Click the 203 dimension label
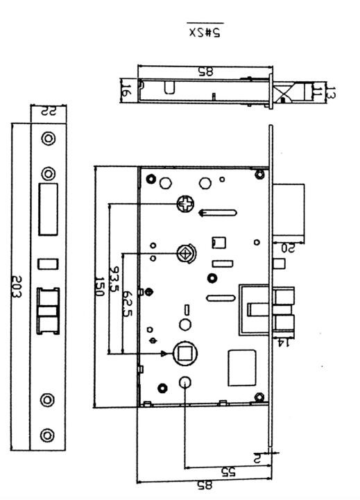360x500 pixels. click(x=16, y=286)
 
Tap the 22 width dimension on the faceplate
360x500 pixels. click(x=49, y=111)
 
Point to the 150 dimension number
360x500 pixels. click(x=99, y=286)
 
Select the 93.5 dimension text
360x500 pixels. click(x=114, y=279)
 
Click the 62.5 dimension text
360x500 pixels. click(x=127, y=303)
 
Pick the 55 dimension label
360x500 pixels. click(x=228, y=472)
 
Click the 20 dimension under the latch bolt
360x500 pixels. click(x=288, y=248)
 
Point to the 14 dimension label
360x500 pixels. click(x=283, y=343)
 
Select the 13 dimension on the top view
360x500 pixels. click(x=332, y=92)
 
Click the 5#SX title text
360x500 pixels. click(x=205, y=32)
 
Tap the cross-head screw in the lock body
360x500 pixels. click(x=185, y=204)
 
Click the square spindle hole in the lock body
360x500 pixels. click(x=185, y=354)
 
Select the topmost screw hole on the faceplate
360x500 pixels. click(x=49, y=139)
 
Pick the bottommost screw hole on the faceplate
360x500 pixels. click(x=47, y=435)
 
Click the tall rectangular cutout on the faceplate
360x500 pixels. click(x=48, y=209)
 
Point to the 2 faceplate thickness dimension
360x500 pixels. click(x=257, y=458)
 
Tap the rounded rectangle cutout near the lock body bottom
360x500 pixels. click(x=242, y=368)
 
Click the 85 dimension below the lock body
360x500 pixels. click(x=204, y=485)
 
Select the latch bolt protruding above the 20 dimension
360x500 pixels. click(x=288, y=210)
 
